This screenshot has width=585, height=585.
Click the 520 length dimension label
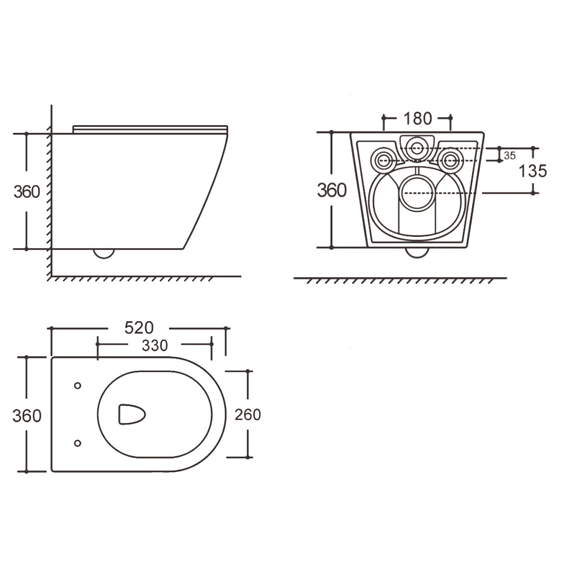(139, 328)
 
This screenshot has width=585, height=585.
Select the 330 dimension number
(154, 346)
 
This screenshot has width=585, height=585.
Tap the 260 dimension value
(247, 415)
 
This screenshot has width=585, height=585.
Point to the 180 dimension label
(418, 119)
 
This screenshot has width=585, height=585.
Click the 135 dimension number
(533, 171)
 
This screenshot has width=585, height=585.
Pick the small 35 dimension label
(510, 156)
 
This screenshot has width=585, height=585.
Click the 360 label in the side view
(26, 192)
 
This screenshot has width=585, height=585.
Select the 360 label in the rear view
(332, 190)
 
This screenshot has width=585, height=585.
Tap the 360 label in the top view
(26, 415)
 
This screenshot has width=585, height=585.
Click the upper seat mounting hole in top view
(78, 386)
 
